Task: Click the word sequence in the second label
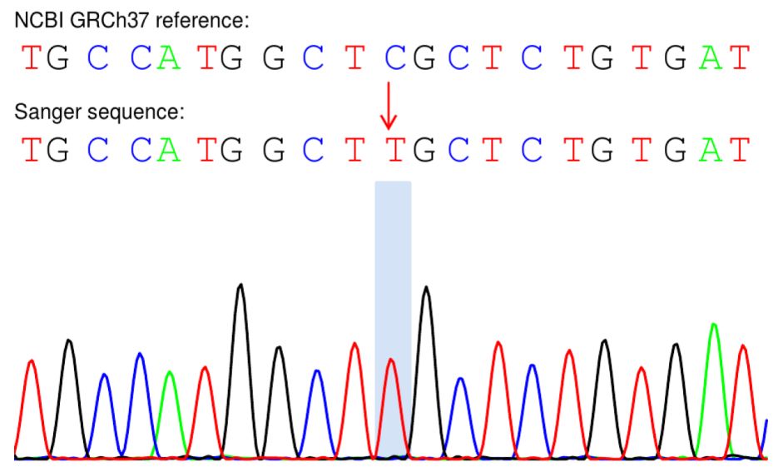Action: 114,112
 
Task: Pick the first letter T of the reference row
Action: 31,59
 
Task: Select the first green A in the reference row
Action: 170,59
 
